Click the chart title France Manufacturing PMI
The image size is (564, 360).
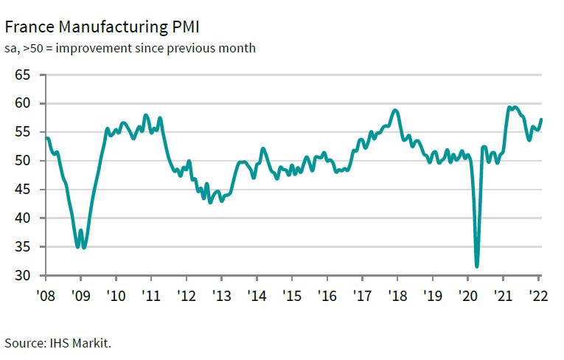click(x=102, y=27)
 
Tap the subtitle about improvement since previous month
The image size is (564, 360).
click(x=130, y=49)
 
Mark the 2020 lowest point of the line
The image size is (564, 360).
click(x=477, y=266)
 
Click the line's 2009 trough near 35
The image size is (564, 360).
click(x=83, y=248)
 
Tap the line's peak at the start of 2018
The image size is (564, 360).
click(x=396, y=111)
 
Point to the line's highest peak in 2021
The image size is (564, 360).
click(x=509, y=107)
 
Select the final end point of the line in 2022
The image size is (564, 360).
click(x=542, y=120)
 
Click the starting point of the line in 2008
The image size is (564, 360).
click(x=46, y=138)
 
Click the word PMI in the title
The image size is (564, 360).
click(x=182, y=27)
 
